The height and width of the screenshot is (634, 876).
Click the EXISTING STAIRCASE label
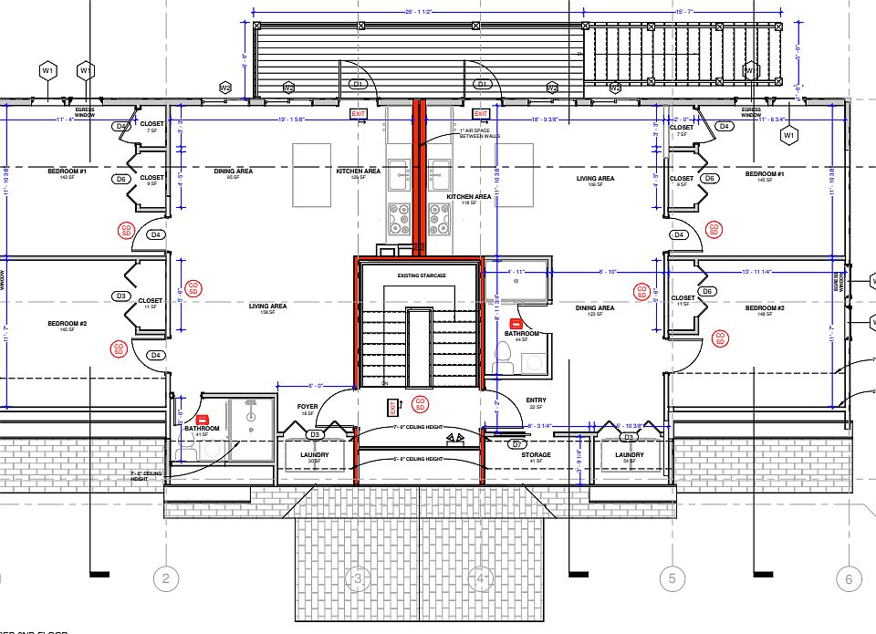(x=422, y=275)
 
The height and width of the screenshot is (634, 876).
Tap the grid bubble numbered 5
(x=671, y=578)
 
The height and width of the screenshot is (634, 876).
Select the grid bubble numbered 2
(x=165, y=578)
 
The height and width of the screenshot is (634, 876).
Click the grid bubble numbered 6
(x=848, y=578)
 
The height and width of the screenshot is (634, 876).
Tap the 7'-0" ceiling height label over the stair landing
(x=418, y=427)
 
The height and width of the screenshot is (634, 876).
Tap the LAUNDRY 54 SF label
(x=630, y=458)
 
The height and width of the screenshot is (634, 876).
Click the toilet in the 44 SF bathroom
(x=504, y=358)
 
